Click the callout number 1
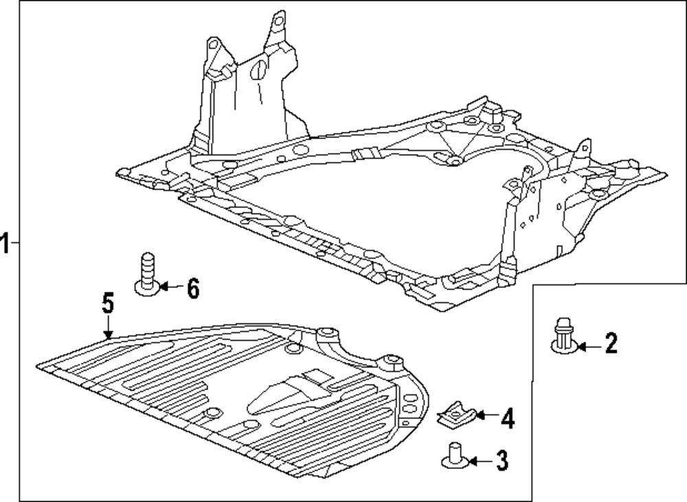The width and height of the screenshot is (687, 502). (5, 243)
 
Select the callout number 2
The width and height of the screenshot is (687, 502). (610, 343)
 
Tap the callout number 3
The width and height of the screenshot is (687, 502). (502, 461)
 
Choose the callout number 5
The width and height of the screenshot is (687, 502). (107, 304)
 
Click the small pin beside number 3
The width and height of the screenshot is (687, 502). (453, 457)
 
